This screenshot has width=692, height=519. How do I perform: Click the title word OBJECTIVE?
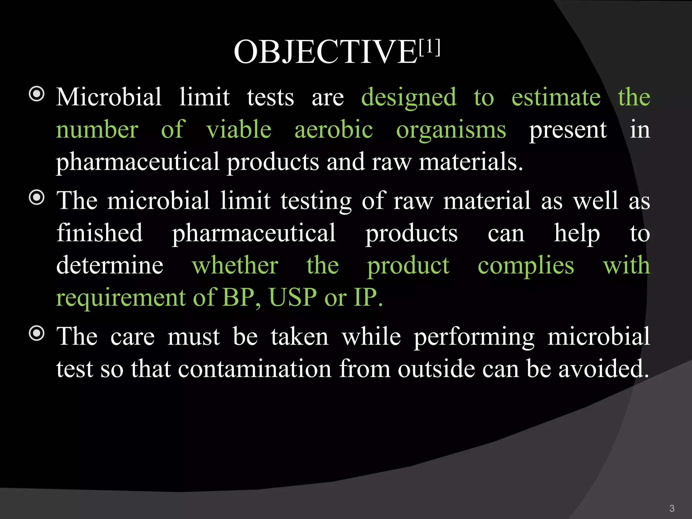tap(326, 52)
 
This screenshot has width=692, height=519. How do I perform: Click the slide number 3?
tap(672, 508)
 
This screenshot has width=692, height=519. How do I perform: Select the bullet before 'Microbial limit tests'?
tap(37, 94)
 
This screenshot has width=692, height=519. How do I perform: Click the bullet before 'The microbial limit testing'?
tap(37, 197)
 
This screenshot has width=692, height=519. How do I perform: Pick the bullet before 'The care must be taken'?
tap(37, 333)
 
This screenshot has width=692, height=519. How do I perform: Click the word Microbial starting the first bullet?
tap(109, 97)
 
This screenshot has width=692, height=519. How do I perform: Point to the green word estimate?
tap(556, 97)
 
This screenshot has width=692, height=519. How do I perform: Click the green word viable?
tap(239, 129)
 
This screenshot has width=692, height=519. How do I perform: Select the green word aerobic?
tap(333, 129)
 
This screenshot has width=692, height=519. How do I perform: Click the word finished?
tap(100, 233)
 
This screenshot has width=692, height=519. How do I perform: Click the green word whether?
tap(235, 265)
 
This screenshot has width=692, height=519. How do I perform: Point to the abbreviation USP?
tap(293, 297)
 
